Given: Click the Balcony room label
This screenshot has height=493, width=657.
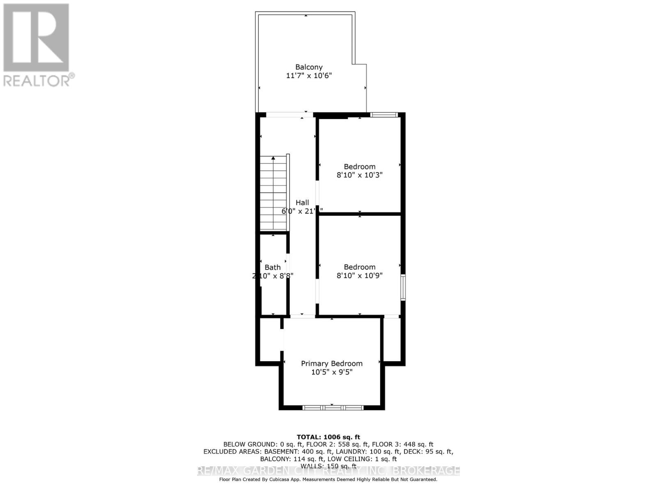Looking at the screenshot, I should pos(309,67).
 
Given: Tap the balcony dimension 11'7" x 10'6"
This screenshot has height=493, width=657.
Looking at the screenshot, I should pos(309,76).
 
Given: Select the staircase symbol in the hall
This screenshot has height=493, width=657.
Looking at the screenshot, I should pos(273,193).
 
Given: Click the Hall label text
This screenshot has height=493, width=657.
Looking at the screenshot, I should pos(302,203).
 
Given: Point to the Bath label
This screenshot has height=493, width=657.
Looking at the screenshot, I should pos(273,267).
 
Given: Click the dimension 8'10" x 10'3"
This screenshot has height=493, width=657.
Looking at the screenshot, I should pos(360,175).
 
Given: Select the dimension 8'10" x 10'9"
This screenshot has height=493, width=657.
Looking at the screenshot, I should pos(360,276).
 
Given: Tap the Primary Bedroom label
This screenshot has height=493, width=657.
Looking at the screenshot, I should pos(332,364).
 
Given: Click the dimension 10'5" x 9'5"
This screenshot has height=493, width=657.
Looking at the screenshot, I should pos(332,372).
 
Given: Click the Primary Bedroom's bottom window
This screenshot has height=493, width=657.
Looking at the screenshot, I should pos(333,408).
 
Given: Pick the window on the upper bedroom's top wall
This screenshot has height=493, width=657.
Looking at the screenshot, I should pos(384,115).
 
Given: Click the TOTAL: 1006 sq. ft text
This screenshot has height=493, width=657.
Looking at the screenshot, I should pos(328,437).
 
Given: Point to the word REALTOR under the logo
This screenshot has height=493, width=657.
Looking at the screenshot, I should pos(37,81).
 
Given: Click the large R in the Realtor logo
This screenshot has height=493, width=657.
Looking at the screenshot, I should pos(36,38).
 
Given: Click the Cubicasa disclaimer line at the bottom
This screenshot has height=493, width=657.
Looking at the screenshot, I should pos(328,479).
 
